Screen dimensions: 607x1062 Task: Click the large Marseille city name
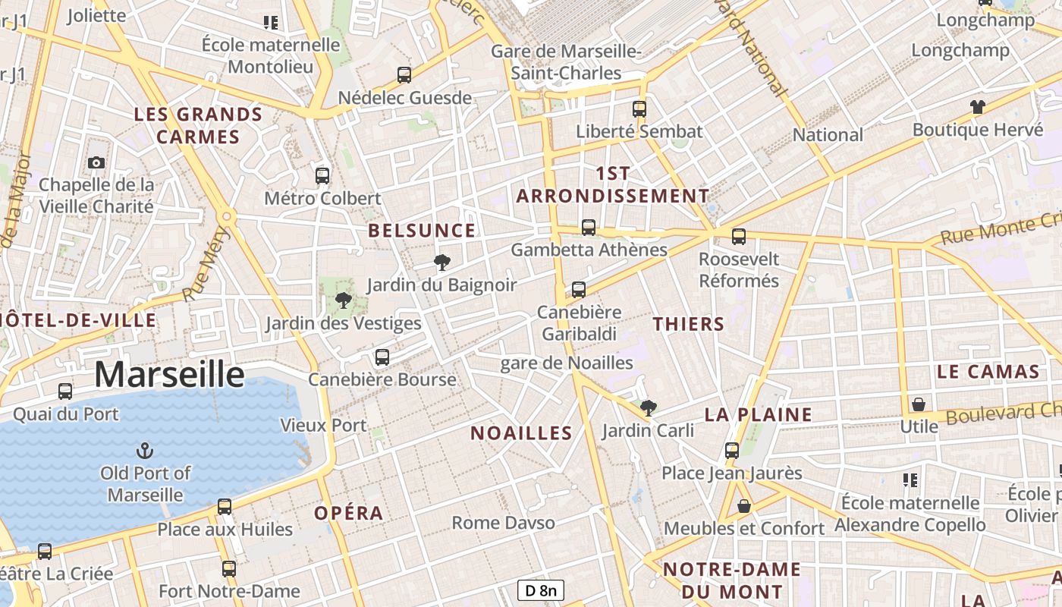pos(169,375)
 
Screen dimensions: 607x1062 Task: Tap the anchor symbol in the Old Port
pos(144,451)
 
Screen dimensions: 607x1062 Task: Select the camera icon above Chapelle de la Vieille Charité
pos(96,162)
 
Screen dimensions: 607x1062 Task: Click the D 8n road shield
pos(541,590)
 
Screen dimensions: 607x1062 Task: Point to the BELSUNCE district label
pos(422,231)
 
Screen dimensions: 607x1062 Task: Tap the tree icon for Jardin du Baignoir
pos(441,263)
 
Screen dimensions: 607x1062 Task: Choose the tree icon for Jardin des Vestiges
pos(343,300)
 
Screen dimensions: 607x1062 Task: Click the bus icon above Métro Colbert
pos(322,176)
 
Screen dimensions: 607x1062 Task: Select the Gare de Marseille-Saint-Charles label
pos(566,62)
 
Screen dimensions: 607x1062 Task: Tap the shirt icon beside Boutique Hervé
pos(977,107)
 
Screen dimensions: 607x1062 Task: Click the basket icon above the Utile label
pos(919,404)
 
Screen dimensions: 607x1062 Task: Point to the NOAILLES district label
pos(521,433)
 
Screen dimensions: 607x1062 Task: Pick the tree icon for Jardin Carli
pos(648,408)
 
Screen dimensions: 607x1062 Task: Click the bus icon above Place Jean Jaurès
pos(732,451)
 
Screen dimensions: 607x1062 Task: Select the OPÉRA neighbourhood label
pos(349,513)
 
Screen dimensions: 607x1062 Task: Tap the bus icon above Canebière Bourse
pos(382,357)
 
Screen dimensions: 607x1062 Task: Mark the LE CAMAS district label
pos(988,372)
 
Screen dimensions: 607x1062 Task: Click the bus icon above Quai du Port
pos(65,392)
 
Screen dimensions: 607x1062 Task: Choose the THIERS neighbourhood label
pos(689,324)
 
